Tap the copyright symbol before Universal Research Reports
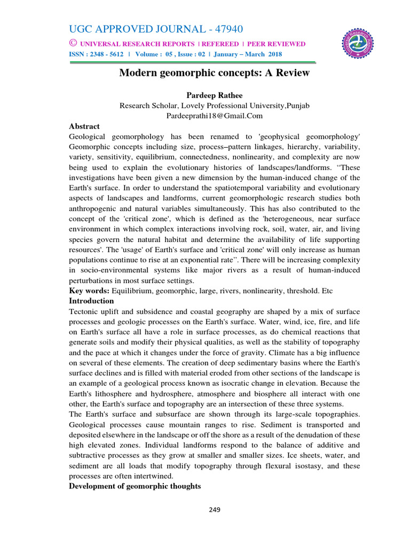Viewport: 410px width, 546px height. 73,44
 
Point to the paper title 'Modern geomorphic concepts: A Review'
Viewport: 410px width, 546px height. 214,73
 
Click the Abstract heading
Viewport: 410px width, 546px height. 84,126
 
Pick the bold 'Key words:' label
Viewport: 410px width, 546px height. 90,290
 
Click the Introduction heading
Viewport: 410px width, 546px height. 91,301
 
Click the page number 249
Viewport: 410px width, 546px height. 215,510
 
